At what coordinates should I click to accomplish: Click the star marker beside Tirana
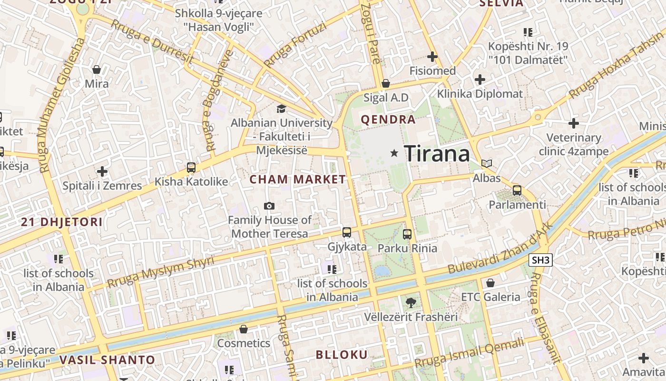coord(394,153)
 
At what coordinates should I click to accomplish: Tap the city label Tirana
coord(437,154)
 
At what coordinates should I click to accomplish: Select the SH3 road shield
coord(540,260)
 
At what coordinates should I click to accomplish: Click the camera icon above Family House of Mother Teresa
coord(269,206)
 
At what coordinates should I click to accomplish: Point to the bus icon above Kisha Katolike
coord(191,168)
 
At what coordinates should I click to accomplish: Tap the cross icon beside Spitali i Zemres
coord(102,171)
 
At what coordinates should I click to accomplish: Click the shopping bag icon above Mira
coord(97,70)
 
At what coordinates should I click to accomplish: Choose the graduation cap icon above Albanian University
coord(281,109)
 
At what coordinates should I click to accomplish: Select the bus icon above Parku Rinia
coord(407,234)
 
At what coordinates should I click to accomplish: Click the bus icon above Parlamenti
coord(517,190)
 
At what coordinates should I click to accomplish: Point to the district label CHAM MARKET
coord(298,180)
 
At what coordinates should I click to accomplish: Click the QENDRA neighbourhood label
coord(388,120)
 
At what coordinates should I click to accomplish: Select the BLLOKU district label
coord(342,354)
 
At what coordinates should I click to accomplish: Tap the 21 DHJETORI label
coord(62,221)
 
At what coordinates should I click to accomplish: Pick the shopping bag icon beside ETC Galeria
coord(490,283)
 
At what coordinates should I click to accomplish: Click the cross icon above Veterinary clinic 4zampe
coord(574,123)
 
